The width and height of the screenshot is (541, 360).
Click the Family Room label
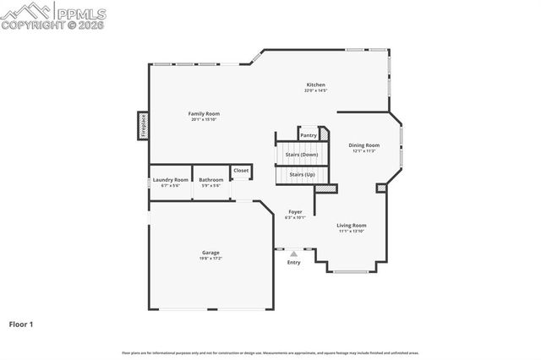click(204, 113)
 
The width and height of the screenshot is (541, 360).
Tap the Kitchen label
click(315, 85)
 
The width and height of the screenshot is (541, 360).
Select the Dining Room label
click(364, 145)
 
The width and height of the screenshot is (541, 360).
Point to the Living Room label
click(351, 225)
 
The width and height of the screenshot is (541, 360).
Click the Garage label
click(210, 253)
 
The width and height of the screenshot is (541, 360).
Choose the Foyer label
click(295, 211)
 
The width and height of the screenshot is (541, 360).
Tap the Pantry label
click(309, 134)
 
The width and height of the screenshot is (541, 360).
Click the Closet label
click(241, 170)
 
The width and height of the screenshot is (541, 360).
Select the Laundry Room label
click(170, 179)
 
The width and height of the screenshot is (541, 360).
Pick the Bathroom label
click(210, 179)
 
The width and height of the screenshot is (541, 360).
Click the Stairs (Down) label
click(301, 155)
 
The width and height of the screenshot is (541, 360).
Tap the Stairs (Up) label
click(302, 174)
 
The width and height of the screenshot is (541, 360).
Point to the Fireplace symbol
click(143, 125)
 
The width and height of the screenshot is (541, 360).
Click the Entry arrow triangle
click(293, 253)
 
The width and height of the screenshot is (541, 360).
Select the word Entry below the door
click(293, 263)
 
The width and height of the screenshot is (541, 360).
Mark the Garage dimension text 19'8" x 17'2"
click(210, 259)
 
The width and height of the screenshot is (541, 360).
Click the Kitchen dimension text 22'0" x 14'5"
click(315, 90)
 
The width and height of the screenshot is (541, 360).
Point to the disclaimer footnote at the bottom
click(270, 352)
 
